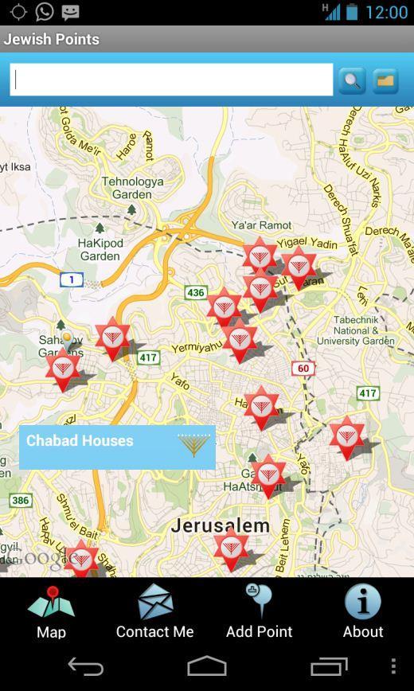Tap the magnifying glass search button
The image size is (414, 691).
click(x=352, y=80)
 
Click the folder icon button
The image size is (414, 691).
click(x=385, y=80)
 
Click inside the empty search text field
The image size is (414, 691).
click(x=172, y=80)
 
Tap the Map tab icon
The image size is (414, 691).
click(x=51, y=604)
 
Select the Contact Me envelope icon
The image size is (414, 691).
click(x=155, y=602)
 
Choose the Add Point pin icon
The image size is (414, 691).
click(x=259, y=601)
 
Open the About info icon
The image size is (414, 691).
click(x=362, y=602)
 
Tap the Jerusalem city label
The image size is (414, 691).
click(x=220, y=526)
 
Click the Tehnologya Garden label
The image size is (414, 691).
click(x=132, y=188)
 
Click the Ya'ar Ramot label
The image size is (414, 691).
click(x=261, y=225)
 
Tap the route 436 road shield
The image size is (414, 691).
click(x=196, y=293)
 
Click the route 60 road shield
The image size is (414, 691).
click(x=303, y=369)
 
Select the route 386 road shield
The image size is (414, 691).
click(x=21, y=501)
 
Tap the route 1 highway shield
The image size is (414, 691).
click(x=72, y=279)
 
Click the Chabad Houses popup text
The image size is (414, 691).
click(x=80, y=441)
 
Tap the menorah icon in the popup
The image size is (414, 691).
click(x=193, y=445)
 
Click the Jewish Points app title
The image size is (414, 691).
click(x=52, y=39)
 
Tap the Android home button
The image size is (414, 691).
click(x=207, y=666)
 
